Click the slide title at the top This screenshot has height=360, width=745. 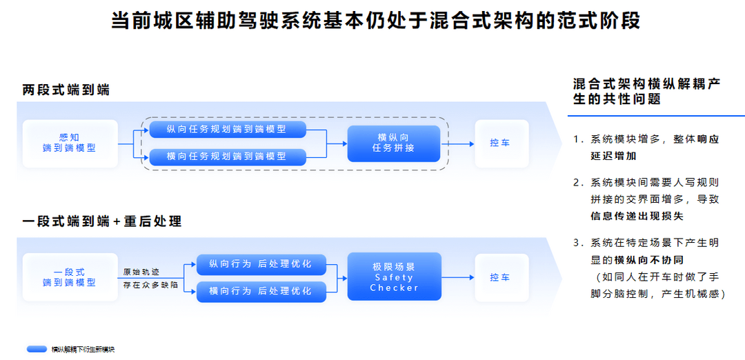[376, 20]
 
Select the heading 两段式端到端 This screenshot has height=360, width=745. [66, 90]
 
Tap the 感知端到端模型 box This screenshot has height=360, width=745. [69, 143]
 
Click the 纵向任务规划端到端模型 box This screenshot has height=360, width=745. [226, 129]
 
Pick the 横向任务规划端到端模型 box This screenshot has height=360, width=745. [226, 157]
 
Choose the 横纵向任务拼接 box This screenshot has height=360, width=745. [393, 143]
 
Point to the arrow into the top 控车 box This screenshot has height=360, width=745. [458, 143]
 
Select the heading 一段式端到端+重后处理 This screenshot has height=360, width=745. [101, 221]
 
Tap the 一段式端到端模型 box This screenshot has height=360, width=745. [69, 277]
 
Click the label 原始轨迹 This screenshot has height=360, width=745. [141, 272]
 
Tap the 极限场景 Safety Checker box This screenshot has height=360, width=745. [393, 277]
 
